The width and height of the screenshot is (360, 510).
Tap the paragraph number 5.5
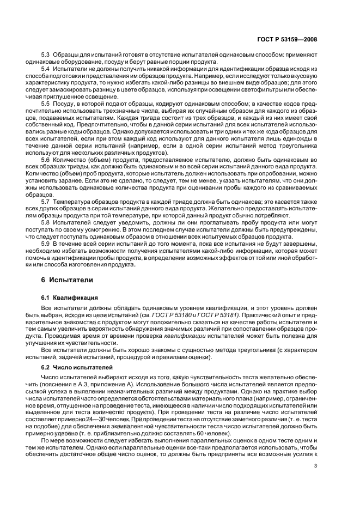(x=46, y=104)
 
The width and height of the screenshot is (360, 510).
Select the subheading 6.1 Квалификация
(x=69, y=299)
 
